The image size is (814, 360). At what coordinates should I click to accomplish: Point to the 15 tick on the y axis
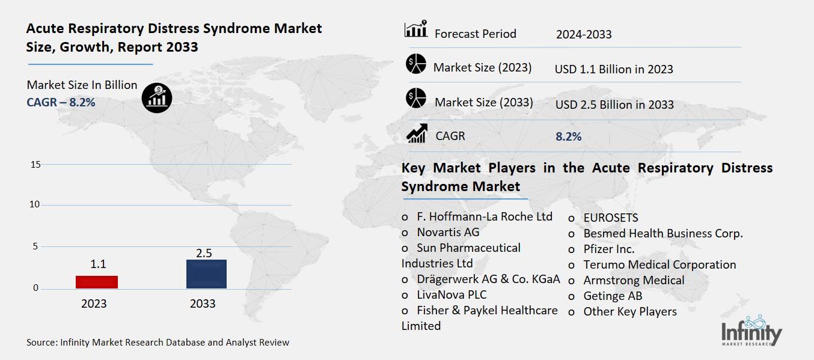(35, 165)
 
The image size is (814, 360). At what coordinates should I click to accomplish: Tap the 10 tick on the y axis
(35, 205)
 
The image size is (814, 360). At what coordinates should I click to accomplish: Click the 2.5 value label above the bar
(204, 253)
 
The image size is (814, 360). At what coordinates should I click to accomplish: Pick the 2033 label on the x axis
(203, 304)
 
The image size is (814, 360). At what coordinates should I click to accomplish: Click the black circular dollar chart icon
(157, 97)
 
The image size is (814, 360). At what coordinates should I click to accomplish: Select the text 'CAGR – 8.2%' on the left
(61, 102)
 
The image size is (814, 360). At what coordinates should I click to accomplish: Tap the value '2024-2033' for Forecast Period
(584, 34)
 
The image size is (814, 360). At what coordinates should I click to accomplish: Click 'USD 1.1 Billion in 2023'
(614, 69)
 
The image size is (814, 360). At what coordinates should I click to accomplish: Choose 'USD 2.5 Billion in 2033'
(614, 105)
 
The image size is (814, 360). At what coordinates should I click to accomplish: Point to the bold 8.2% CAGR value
(568, 136)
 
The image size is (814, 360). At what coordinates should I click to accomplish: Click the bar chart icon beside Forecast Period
(415, 29)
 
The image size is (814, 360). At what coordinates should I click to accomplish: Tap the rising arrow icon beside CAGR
(417, 133)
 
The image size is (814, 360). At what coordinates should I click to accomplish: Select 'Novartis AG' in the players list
(448, 232)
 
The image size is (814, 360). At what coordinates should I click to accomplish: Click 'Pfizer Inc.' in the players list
(609, 249)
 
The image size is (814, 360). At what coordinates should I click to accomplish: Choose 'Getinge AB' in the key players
(613, 296)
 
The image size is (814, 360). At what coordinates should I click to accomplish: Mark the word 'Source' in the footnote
(41, 343)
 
